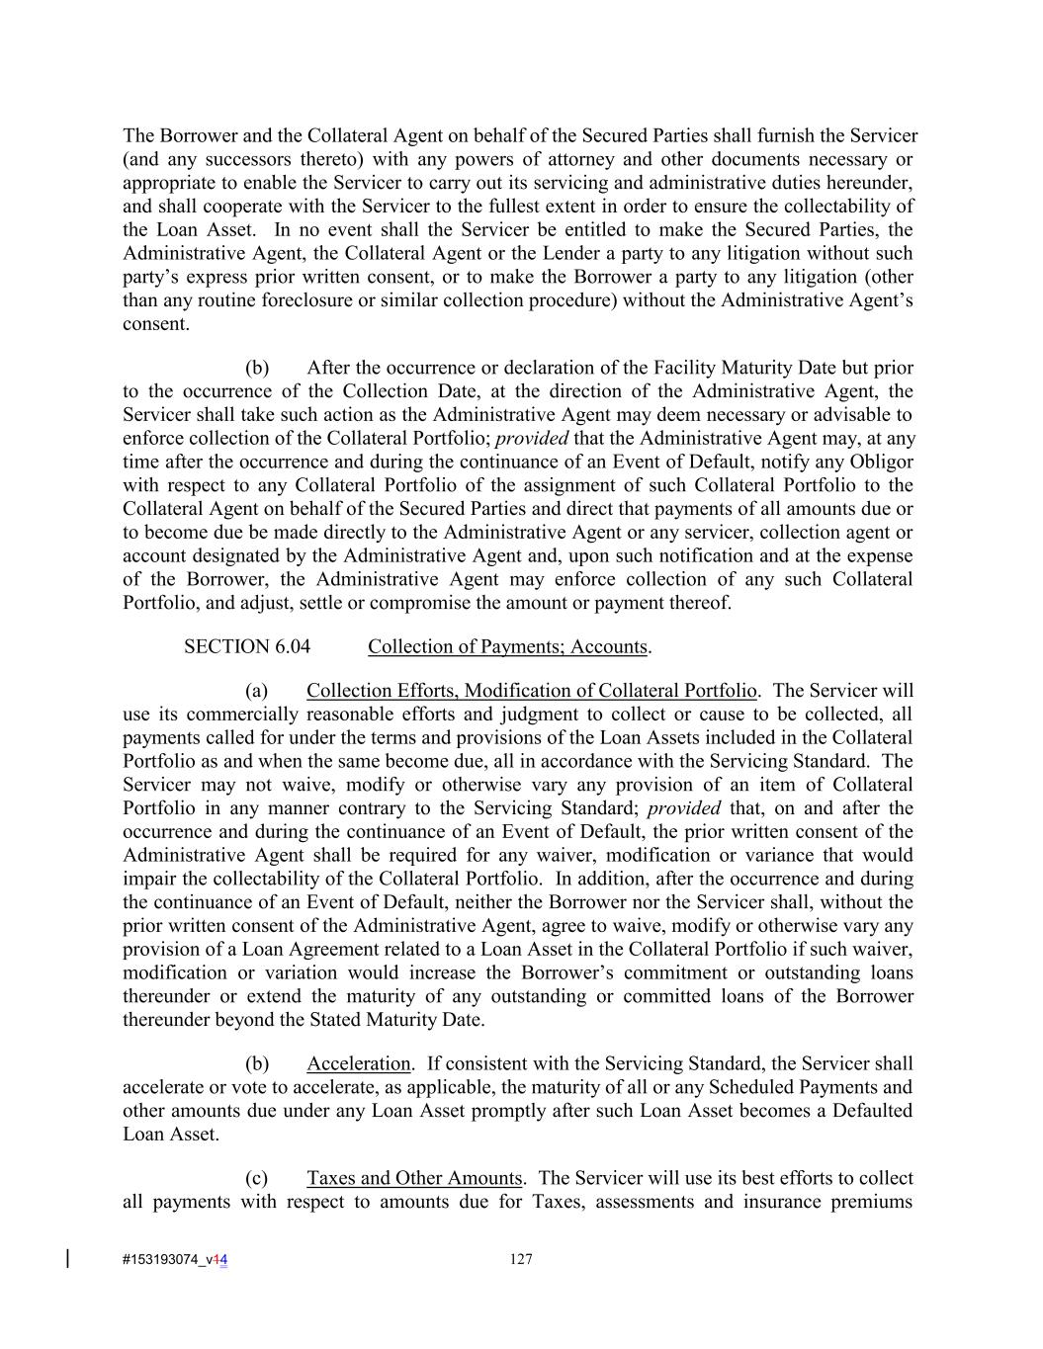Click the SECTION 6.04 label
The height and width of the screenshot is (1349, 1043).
(246, 646)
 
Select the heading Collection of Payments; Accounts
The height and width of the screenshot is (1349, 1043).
(508, 646)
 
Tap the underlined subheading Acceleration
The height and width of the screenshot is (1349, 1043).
(358, 1063)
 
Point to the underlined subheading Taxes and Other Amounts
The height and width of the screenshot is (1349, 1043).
(413, 1178)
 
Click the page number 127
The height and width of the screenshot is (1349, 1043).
(521, 1259)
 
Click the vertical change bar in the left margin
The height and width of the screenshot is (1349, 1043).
(67, 1258)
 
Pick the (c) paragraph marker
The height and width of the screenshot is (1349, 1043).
(256, 1178)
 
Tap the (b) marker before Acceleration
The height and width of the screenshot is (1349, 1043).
(256, 1063)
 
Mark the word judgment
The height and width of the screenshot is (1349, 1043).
(511, 714)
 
